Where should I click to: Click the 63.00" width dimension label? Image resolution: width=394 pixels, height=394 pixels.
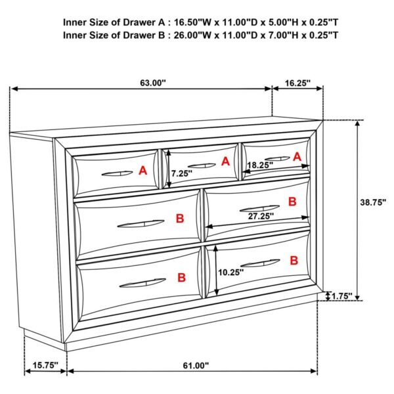(x=153, y=83)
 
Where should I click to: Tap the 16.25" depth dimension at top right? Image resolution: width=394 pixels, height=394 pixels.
(x=298, y=83)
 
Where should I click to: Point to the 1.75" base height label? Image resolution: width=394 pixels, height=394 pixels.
(x=342, y=297)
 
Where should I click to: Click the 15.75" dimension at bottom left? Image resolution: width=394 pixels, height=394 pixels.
(x=45, y=364)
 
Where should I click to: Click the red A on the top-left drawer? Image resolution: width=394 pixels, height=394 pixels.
(x=142, y=171)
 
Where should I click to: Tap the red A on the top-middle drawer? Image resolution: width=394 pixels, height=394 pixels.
(x=225, y=162)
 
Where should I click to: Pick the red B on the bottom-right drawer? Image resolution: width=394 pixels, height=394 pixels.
(x=294, y=261)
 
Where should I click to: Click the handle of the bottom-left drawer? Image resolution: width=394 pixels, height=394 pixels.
(x=142, y=283)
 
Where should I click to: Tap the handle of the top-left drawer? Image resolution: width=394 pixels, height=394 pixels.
(x=118, y=173)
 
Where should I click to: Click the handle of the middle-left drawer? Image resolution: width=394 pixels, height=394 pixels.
(x=141, y=225)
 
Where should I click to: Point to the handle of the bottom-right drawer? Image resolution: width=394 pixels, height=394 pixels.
(x=260, y=263)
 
